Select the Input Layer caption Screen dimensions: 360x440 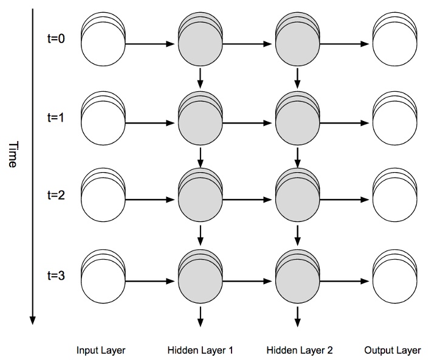(x=101, y=350)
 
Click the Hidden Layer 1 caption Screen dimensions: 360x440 (x=200, y=350)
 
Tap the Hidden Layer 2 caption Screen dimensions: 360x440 (x=300, y=350)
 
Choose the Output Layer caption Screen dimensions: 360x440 (x=393, y=350)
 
